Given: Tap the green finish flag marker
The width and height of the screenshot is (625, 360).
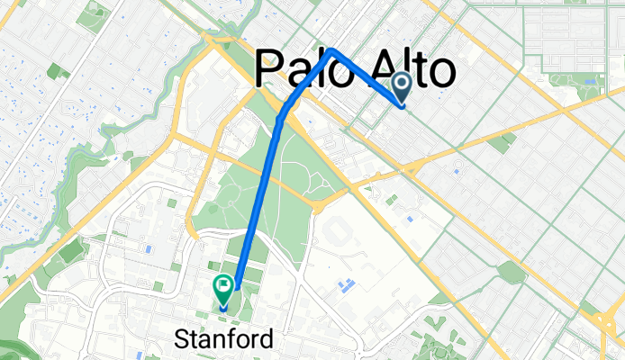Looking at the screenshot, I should [x=222, y=288].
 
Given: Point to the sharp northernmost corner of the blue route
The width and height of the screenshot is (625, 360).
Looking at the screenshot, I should [x=332, y=49].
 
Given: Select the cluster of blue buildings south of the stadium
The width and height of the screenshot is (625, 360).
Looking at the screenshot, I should [x=345, y=286].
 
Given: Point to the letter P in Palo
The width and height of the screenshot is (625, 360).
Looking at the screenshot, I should [x=270, y=68].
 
